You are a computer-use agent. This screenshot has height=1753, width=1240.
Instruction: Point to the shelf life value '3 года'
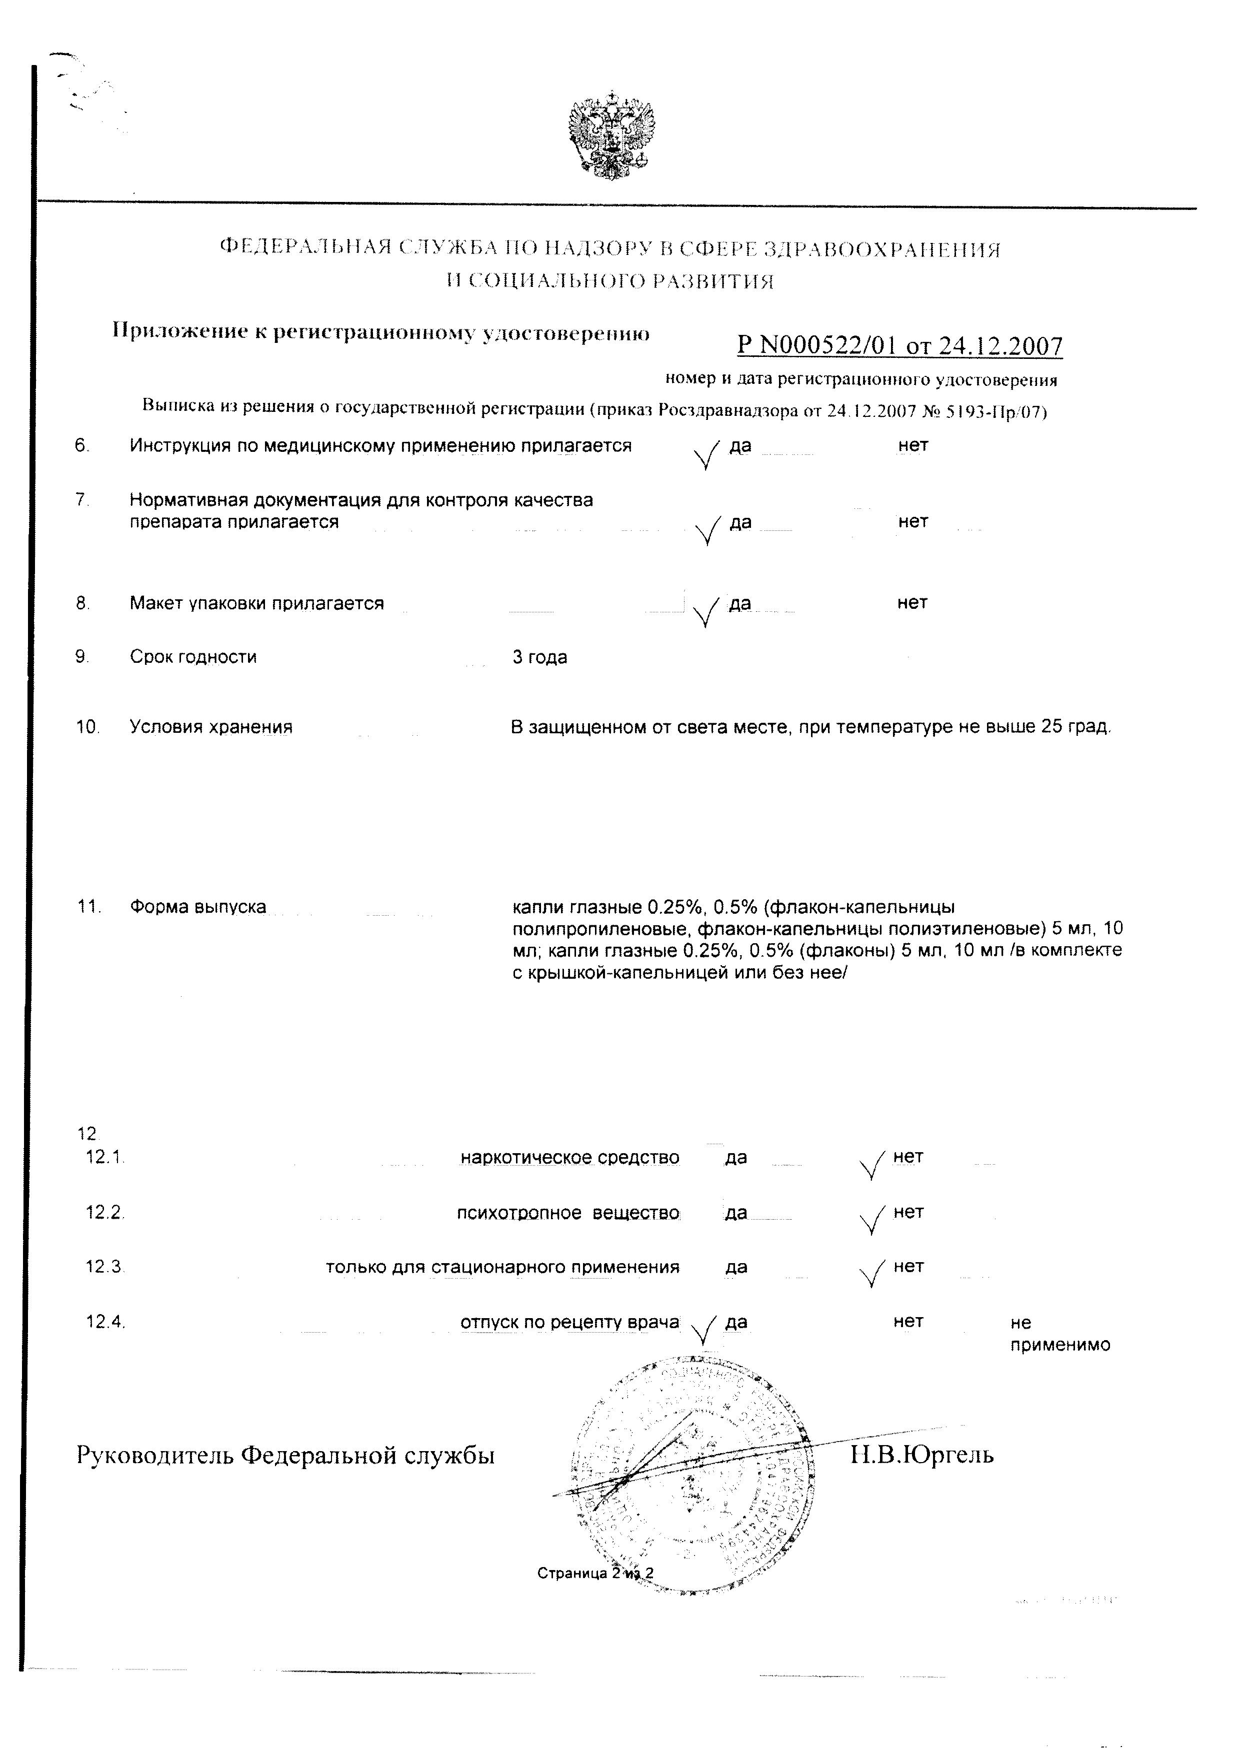coord(540,657)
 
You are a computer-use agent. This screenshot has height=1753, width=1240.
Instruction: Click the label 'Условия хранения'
coord(210,727)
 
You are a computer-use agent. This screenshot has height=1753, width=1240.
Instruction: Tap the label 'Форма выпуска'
coord(198,906)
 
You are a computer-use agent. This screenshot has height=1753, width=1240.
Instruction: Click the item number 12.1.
coord(104,1157)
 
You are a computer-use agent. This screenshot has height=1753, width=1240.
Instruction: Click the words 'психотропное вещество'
coord(567,1213)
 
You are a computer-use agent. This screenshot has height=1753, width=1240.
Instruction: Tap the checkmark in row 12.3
coord(871,1273)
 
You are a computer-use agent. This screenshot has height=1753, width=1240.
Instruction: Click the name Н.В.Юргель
coord(921,1455)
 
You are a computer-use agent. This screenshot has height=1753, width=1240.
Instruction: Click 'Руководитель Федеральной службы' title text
coord(285,1455)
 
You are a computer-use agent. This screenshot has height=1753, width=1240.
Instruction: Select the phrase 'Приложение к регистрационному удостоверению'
coord(381,331)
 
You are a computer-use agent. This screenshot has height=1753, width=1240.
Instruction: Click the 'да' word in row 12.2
coord(736,1213)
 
